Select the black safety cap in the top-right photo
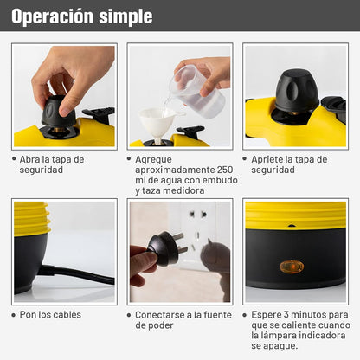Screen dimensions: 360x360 (x=296, y=91)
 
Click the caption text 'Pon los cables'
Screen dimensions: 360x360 (x=52, y=315)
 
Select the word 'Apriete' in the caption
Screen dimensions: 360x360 (x=268, y=159)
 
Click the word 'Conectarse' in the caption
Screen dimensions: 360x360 (x=162, y=315)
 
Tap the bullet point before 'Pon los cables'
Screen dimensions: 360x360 (x=15, y=315)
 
